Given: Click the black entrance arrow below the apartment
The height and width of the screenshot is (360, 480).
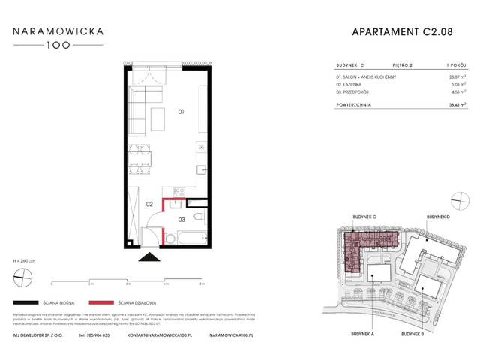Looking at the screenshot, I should point(149,257).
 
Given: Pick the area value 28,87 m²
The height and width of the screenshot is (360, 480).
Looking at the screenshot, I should point(455,76).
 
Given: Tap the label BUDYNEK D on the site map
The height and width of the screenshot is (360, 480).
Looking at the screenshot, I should point(439,216).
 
